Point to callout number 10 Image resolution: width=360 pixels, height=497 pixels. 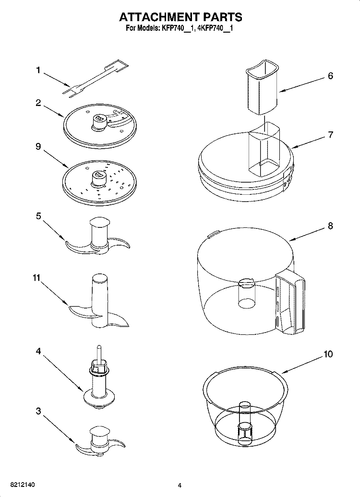coord(328,355)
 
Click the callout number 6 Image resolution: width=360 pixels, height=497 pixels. coord(330,76)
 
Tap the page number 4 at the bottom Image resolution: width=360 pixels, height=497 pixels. coord(180,485)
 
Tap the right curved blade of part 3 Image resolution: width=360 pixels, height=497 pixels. coord(116,444)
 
